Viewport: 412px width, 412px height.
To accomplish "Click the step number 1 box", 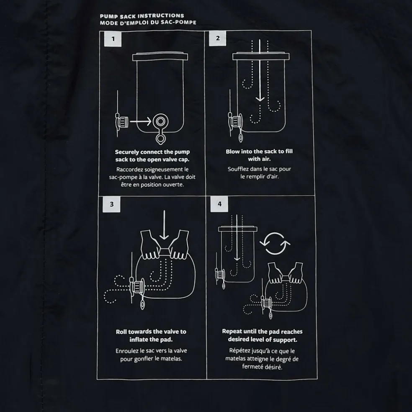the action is (x=113, y=39).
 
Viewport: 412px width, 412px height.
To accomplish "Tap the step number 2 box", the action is (x=218, y=39).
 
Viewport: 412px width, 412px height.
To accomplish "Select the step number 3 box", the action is (x=112, y=204).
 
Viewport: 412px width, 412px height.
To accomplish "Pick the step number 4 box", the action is (x=219, y=204).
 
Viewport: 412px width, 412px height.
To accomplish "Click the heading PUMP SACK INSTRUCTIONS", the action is (x=142, y=16).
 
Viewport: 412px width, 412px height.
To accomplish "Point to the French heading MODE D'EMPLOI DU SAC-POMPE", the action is (x=148, y=23).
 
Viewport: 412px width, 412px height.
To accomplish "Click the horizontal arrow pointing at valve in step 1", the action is (x=141, y=121).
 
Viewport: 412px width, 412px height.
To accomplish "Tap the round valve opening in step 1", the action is (x=160, y=121).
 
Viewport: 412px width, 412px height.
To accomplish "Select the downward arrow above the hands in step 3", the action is (x=164, y=225).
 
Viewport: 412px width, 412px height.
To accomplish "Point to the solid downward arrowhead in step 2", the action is (x=260, y=99).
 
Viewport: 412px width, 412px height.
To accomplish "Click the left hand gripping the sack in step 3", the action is (x=151, y=245).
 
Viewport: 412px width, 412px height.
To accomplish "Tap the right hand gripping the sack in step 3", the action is (x=179, y=245).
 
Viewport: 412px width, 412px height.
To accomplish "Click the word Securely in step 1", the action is (x=127, y=152).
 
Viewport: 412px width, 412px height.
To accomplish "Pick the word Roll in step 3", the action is (x=121, y=332).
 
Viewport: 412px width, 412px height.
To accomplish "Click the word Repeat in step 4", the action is (x=232, y=332).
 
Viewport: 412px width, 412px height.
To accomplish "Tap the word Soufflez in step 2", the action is (x=238, y=169).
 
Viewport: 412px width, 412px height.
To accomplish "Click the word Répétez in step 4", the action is (x=239, y=351).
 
